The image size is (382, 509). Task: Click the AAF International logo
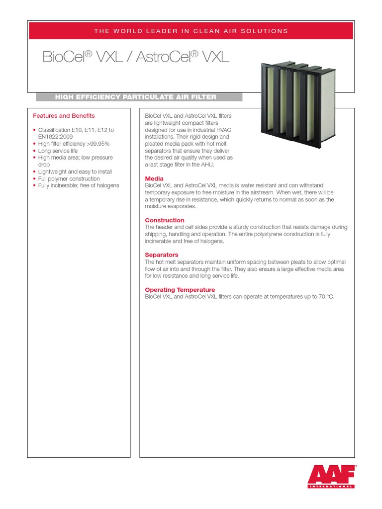pos(332,476)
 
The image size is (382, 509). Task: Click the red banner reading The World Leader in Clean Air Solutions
pos(191,31)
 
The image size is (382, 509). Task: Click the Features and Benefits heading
pos(64,116)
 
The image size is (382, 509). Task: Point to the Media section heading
pos(154,178)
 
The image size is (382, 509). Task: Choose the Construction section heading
pos(165,220)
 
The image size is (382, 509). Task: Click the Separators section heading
pos(162,255)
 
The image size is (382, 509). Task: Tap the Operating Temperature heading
pos(180,290)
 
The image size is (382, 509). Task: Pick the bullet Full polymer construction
pos(69,178)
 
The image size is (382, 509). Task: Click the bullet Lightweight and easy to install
pos(75,171)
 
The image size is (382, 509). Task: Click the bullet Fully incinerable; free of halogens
pos(79,185)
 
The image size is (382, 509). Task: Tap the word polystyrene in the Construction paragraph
pos(273,234)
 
